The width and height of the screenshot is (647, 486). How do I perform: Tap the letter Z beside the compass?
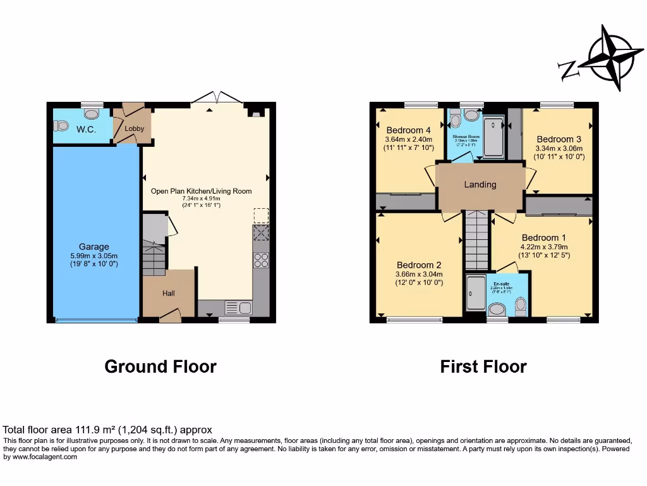tap(569, 70)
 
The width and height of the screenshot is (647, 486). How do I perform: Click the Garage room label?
tap(94, 247)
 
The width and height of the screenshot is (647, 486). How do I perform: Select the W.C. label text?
tap(86, 129)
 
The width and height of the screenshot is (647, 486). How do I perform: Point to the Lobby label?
tap(134, 128)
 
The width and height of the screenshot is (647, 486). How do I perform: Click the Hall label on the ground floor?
tap(168, 293)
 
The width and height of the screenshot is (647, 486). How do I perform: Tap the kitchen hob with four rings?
tap(261, 260)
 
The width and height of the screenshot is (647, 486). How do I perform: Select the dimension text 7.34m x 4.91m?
tap(201, 199)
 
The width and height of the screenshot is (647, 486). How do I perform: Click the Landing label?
tap(480, 185)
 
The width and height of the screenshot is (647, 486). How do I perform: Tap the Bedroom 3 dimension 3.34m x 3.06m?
tap(559, 149)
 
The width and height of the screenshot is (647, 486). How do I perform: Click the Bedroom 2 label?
tap(418, 265)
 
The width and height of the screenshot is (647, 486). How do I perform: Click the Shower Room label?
tap(466, 136)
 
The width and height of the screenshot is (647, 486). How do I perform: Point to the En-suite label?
tap(501, 284)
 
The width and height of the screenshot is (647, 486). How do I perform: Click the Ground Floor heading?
tap(160, 366)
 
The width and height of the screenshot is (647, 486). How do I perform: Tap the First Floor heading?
tap(483, 366)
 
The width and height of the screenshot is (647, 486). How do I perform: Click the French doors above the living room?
tap(217, 98)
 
